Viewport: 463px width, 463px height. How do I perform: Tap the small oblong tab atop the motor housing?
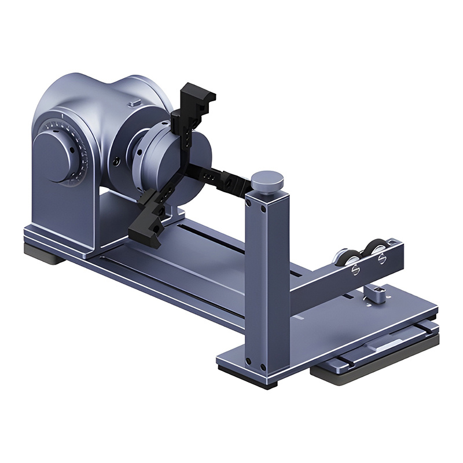coord(134,102)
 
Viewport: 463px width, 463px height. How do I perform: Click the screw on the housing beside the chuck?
coord(117,163)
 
